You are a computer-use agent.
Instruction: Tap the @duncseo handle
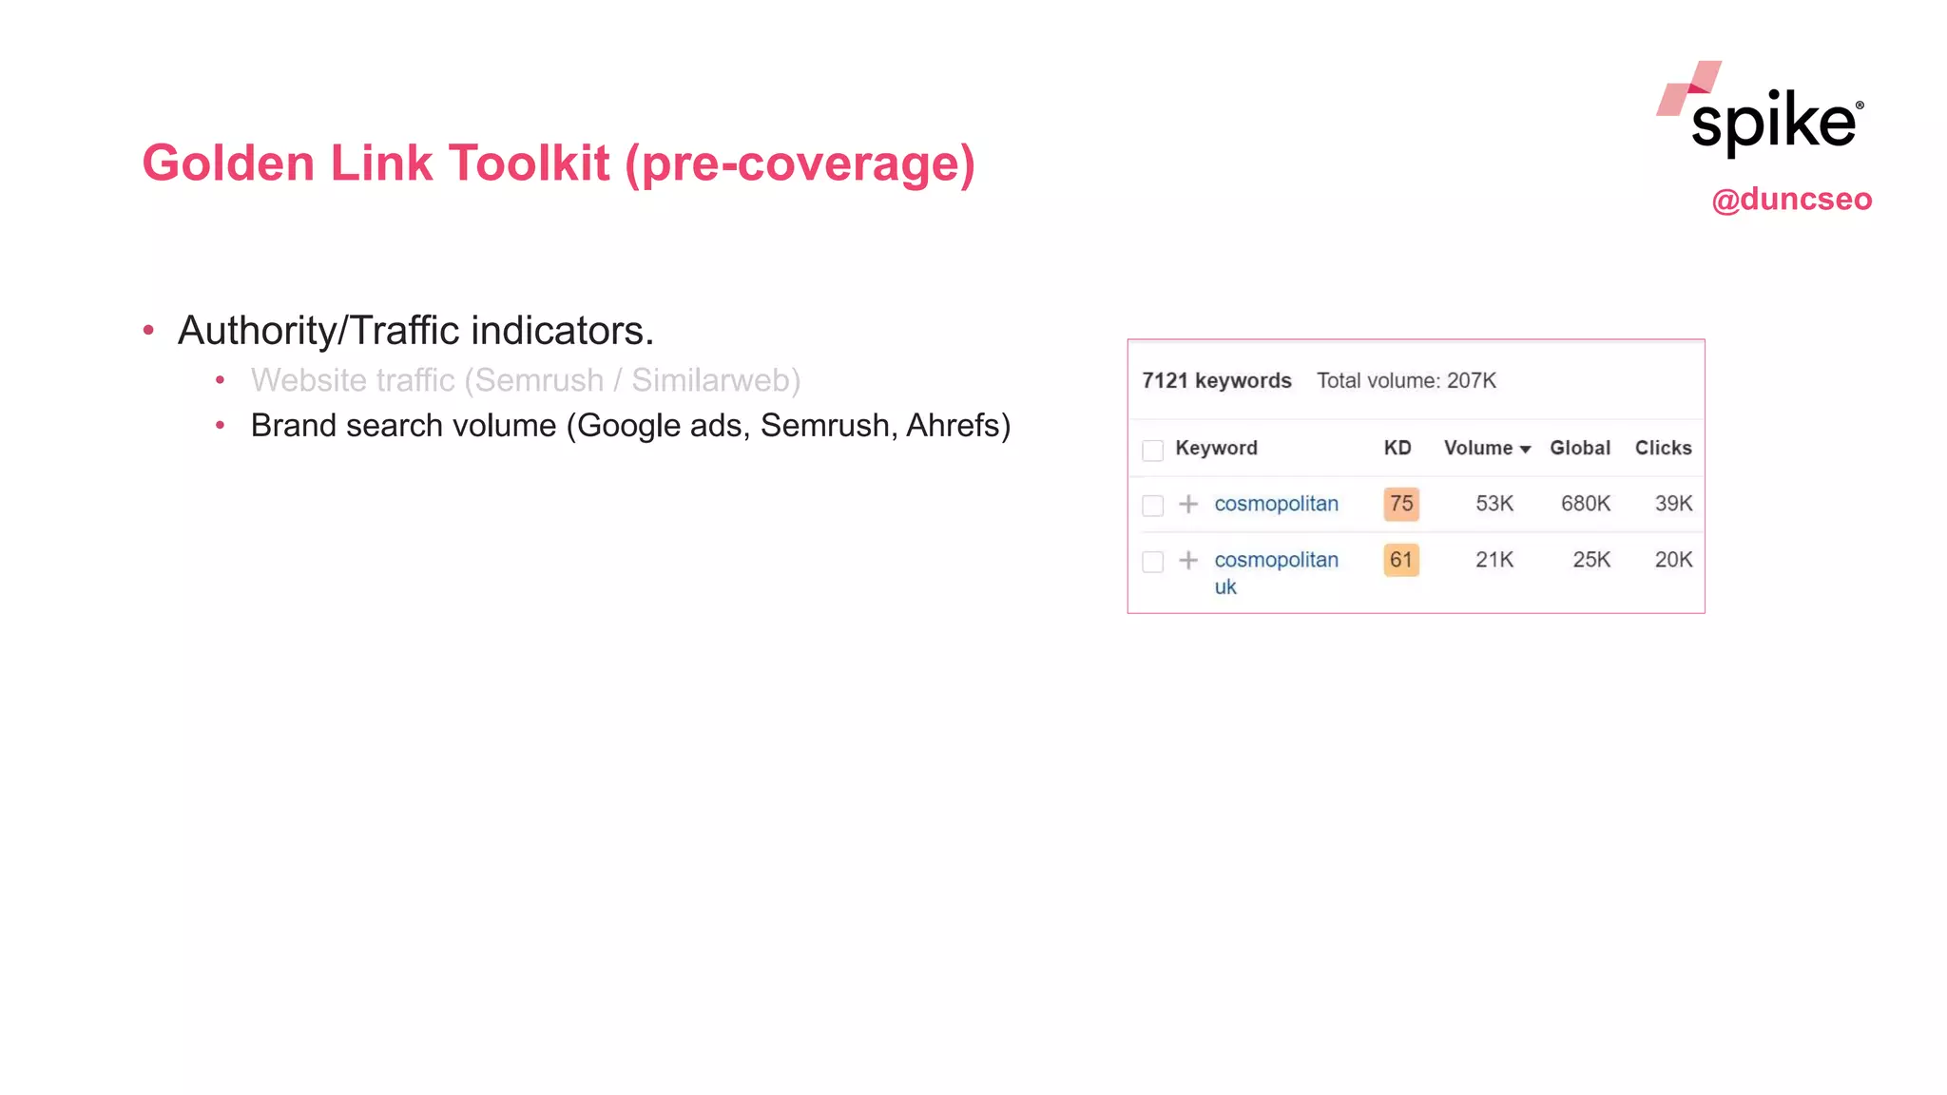(x=1791, y=200)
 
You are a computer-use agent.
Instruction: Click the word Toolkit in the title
(x=528, y=163)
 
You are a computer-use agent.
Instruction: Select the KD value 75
(x=1400, y=504)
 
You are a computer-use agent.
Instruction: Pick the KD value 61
(x=1400, y=560)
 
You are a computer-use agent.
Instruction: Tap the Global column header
(x=1579, y=448)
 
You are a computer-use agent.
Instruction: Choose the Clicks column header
(x=1663, y=448)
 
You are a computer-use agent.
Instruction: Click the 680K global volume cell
(x=1585, y=504)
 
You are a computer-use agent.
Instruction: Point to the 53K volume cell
(x=1494, y=504)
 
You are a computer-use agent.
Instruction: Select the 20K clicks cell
(x=1673, y=560)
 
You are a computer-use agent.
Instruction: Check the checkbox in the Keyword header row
(x=1152, y=451)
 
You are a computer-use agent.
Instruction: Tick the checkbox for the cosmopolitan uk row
(x=1152, y=562)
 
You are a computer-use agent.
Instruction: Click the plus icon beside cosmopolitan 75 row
(x=1188, y=504)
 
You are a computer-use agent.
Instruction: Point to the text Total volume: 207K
(x=1406, y=381)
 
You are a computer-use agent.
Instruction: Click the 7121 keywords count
(x=1216, y=381)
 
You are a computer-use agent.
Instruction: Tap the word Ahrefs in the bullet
(x=957, y=426)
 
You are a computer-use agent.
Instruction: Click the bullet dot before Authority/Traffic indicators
(x=148, y=331)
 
